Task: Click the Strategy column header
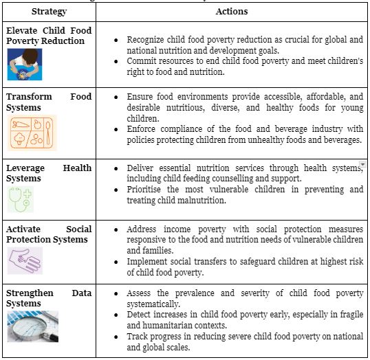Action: [48, 12]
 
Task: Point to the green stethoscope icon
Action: [21, 199]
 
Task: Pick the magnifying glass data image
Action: [33, 326]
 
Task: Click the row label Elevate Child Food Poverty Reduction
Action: [48, 36]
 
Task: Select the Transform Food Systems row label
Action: [48, 102]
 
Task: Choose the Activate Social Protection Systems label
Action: [48, 234]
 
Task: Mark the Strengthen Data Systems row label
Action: [48, 298]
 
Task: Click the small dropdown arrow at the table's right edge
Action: [362, 165]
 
